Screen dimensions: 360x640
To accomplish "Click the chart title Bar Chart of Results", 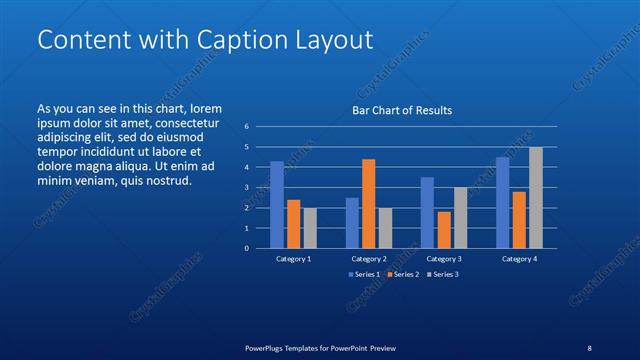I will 401,110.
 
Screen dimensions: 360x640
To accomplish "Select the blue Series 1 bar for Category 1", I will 277,205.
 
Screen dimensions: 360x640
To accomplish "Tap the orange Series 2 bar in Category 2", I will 368,203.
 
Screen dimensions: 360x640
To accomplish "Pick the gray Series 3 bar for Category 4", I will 535,197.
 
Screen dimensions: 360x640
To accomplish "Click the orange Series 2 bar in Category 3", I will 444,230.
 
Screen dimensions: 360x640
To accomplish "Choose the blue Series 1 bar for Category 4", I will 502,202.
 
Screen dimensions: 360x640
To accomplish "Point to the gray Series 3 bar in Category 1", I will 310,228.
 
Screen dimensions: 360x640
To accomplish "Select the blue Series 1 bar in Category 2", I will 352,223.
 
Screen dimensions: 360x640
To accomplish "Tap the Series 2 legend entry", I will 403,274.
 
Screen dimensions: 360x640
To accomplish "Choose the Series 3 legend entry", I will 441,274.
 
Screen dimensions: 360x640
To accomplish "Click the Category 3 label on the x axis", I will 444,259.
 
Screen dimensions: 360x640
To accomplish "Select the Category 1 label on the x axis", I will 293,259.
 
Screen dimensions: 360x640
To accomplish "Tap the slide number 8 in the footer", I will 589,348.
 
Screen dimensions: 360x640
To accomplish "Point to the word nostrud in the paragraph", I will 166,181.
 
